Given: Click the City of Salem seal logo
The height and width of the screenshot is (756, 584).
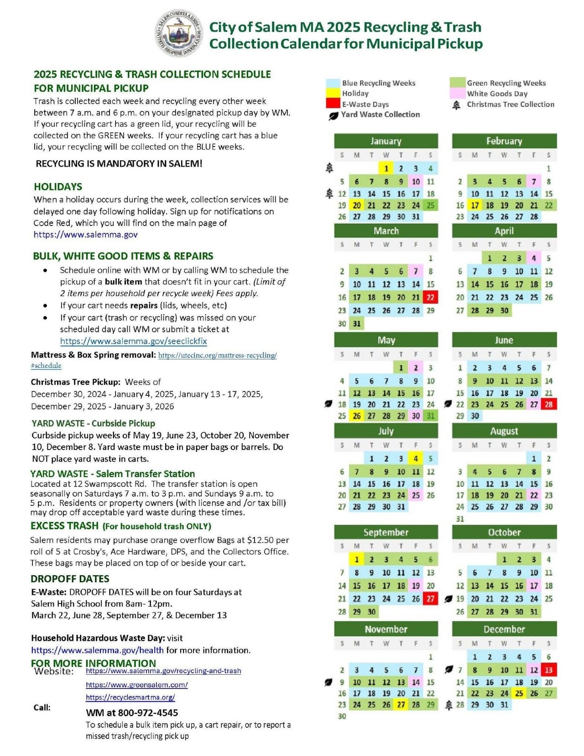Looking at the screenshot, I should [177, 34].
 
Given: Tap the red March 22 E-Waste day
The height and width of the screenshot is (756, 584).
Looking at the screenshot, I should [430, 298].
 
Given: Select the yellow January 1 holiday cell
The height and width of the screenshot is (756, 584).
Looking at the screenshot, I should [386, 168].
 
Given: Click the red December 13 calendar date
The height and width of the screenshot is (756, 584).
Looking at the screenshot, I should [548, 670].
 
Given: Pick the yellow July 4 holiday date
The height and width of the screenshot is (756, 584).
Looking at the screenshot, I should [416, 458].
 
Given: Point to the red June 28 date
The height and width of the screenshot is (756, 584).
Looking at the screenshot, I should [548, 404].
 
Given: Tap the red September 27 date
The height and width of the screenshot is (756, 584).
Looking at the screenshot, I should [430, 599].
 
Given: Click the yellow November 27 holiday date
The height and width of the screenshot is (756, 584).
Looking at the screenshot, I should [401, 704].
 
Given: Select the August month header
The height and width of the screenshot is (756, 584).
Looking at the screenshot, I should [504, 431].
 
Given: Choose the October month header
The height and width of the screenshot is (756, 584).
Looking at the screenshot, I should [504, 532].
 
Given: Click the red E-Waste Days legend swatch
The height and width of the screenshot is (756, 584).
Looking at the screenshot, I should [333, 104].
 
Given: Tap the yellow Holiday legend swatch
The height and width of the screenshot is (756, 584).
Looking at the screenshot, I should [333, 93].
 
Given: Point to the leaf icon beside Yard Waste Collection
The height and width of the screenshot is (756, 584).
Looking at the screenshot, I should [333, 115].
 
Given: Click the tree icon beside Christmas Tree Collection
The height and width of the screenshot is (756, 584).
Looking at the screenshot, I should [456, 105].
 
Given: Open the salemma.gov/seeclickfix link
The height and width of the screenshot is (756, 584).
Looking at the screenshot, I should [133, 341].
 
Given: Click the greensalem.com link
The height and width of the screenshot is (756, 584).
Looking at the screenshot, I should [136, 685].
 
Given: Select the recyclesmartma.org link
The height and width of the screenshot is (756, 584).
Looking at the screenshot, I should [130, 698].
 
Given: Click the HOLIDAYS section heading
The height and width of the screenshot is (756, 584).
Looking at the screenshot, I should [58, 187].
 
